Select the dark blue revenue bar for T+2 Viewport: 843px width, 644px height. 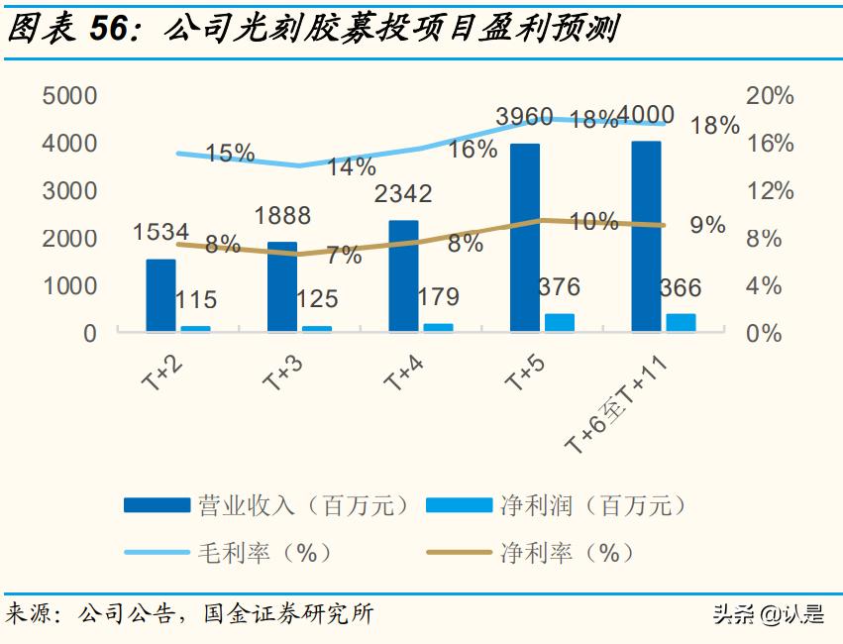point(160,295)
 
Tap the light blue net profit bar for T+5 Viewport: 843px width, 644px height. point(560,322)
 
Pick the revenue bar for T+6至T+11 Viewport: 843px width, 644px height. point(646,236)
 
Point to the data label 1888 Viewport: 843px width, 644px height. point(281,216)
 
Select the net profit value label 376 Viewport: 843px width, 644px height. point(559,287)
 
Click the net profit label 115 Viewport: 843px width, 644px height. point(195,299)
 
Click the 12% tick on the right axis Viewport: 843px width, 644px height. point(770,191)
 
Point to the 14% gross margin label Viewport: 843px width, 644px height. point(351,166)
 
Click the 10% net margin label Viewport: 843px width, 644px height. point(594,222)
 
